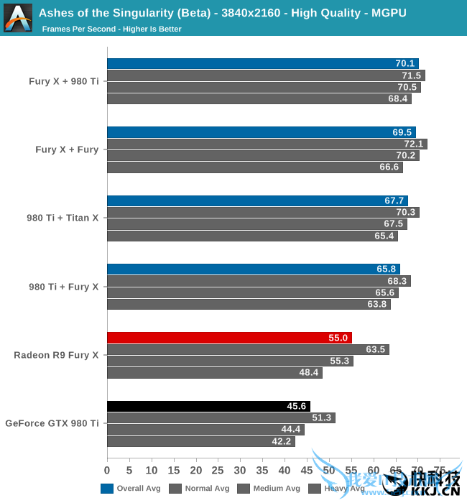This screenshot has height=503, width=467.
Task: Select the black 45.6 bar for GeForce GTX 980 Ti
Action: coord(208,406)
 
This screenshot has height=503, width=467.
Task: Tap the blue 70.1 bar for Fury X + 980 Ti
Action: coord(262,63)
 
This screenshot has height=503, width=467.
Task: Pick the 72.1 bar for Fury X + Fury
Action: coord(267,144)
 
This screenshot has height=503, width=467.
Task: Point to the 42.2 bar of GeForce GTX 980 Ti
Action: coord(200,441)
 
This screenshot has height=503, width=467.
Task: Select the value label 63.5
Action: coord(376,350)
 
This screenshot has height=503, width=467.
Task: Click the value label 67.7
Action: coord(396,201)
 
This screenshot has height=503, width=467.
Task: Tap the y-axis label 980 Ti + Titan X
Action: coord(63,218)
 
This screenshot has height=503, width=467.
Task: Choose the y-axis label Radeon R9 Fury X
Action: coord(56,355)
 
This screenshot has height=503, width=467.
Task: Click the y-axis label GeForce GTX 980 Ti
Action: coord(52,423)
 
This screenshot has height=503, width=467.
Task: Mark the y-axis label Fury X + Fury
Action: coord(67,149)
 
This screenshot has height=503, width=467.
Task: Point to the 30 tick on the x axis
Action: coord(240,471)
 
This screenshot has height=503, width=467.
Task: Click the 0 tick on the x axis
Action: coord(107,471)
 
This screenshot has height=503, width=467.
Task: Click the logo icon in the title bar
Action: coord(18,18)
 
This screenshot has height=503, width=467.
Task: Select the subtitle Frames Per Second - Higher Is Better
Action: coord(111,29)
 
